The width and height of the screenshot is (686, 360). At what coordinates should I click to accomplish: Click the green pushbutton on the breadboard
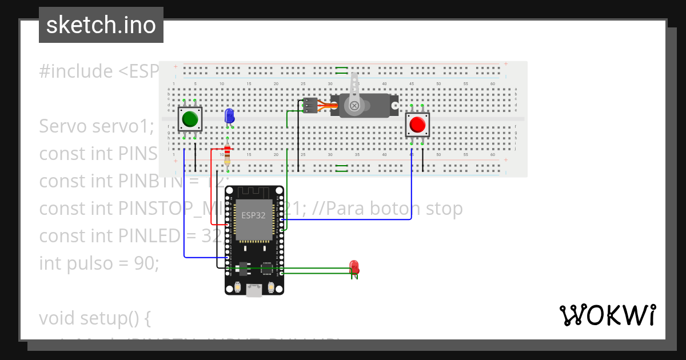coord(190,119)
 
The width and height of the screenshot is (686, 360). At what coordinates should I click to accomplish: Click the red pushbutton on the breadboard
coord(417,125)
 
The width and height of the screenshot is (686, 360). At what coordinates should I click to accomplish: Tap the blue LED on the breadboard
coord(229,116)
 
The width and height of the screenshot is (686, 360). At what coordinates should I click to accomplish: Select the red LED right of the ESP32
coord(354,266)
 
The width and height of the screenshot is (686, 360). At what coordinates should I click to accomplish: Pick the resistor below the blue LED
coord(228,154)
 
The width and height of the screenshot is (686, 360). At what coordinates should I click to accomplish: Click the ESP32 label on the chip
coord(253,215)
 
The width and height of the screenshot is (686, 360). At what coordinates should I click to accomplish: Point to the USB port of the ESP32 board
coord(254,291)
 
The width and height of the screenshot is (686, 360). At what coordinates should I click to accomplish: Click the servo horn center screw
coord(355,106)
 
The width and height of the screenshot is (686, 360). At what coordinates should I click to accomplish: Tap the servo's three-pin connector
coord(309,106)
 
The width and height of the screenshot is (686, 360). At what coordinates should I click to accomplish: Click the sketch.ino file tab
coord(101,25)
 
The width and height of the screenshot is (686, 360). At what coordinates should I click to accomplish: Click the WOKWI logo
coord(607,315)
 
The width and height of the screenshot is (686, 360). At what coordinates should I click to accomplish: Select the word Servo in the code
coord(63,126)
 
